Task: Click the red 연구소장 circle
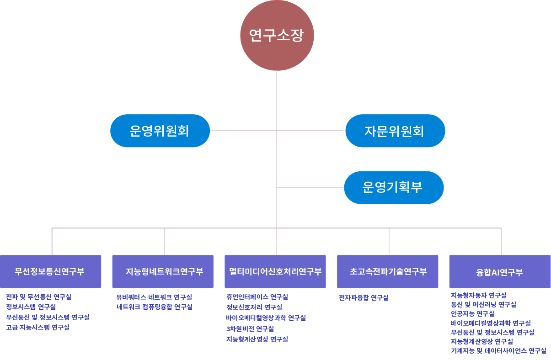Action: pos(277,36)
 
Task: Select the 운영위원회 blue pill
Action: pos(160,131)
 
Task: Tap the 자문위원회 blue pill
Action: pos(395,131)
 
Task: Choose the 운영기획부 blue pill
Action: pos(393,187)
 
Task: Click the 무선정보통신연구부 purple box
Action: pos(50,271)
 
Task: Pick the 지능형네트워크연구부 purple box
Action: pos(163,271)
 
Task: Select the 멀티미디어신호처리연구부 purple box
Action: pos(275,271)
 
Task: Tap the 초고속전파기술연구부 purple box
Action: pos(387,271)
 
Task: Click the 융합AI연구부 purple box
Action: pos(500,272)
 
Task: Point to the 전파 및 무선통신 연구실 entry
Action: pos(39,297)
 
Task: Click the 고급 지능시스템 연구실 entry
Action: pos(38,328)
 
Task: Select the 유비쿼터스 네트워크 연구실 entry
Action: pos(154,297)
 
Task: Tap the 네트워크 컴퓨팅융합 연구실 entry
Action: pos(155,307)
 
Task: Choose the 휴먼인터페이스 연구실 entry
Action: pos(257,297)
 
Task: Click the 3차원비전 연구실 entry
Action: pos(250,329)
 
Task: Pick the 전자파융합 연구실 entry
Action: pos(364,298)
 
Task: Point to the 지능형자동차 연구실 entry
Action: pos(478,296)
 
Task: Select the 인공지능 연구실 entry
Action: pos(472,314)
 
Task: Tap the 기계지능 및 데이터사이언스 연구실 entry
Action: pos(498,351)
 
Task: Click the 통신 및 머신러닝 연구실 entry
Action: pos(483,305)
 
